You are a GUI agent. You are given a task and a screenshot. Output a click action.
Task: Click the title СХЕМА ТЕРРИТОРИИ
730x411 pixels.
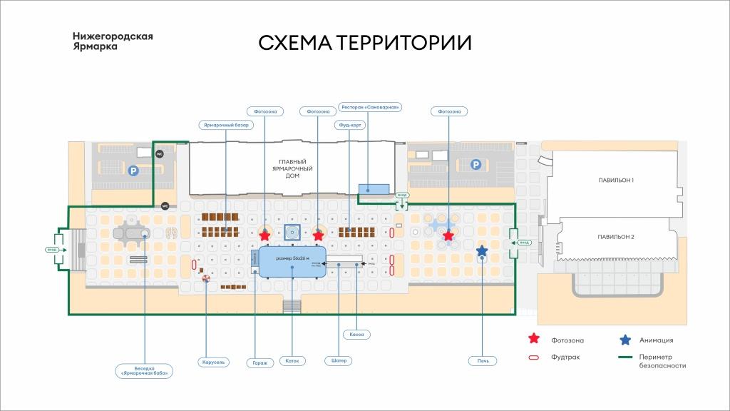[x=364, y=43]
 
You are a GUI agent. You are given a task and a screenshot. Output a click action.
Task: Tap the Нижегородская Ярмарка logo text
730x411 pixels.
[x=113, y=41]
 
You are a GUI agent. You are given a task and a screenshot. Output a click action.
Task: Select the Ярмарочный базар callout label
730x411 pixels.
[x=226, y=125]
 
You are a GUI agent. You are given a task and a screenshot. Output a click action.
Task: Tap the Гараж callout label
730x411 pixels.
[x=260, y=362]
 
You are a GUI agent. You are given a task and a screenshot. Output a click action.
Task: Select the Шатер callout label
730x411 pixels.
[x=339, y=360]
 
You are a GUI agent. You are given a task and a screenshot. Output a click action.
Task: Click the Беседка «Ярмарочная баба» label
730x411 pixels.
[x=147, y=370]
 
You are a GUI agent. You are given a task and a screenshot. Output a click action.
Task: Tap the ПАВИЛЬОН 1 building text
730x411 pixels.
[x=617, y=181]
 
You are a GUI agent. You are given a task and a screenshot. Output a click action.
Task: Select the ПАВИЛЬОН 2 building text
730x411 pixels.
[x=617, y=236]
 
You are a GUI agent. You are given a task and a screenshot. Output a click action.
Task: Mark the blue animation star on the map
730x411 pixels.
[x=482, y=251]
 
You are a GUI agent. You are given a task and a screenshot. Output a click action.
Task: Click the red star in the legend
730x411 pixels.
[x=533, y=340]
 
